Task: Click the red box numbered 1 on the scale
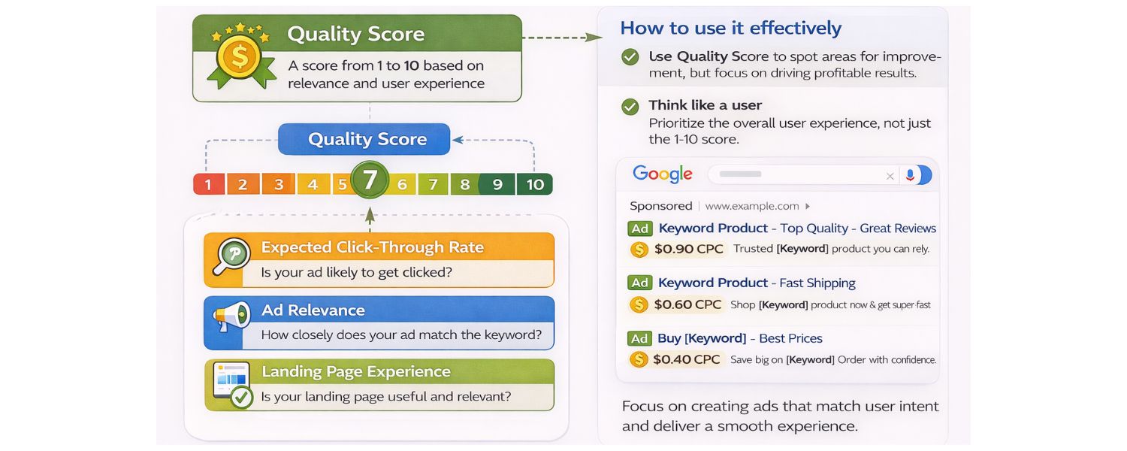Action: (208, 184)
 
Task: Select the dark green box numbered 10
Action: (535, 184)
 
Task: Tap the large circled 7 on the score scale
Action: (370, 180)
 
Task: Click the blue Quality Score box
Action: (364, 139)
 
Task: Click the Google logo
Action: (662, 174)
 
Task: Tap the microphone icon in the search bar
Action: (910, 175)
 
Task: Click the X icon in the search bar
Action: (890, 176)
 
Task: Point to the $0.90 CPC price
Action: (689, 249)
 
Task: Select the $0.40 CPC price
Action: (687, 359)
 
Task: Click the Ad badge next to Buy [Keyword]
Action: (640, 338)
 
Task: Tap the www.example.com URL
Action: (752, 206)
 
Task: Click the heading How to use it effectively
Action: (730, 29)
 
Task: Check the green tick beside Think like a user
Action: (630, 107)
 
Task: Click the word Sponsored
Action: (661, 206)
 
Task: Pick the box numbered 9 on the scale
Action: (497, 184)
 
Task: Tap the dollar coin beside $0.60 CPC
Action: (639, 304)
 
